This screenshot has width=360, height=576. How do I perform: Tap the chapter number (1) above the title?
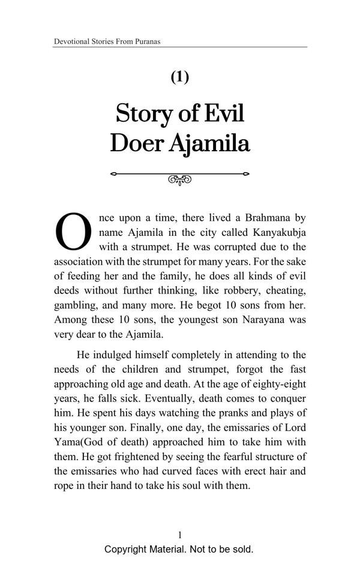[x=180, y=77]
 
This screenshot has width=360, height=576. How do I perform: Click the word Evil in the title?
[x=223, y=113]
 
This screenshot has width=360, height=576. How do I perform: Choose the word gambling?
[x=76, y=305]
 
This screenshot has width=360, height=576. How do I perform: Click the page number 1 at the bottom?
[x=179, y=535]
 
